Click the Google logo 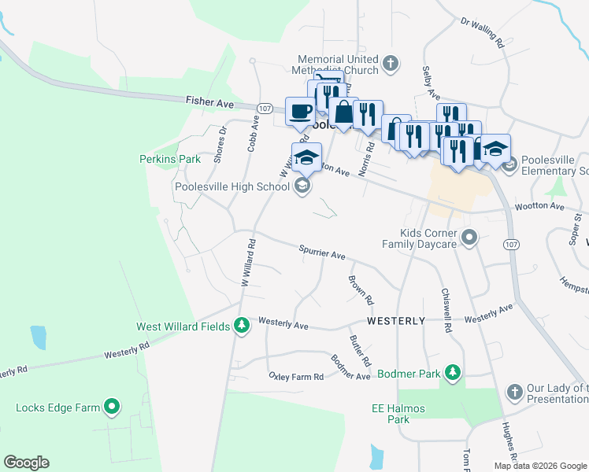(x=26, y=463)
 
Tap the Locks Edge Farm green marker (x=113, y=407)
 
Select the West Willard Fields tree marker (x=242, y=325)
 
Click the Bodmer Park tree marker (x=452, y=372)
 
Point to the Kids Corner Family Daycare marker (x=470, y=237)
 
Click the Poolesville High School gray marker (x=301, y=186)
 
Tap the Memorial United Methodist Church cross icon (x=390, y=62)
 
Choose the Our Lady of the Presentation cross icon (x=514, y=391)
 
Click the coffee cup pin (x=300, y=111)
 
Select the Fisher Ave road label (x=210, y=101)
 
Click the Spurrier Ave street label (x=322, y=254)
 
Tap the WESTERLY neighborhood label (x=396, y=321)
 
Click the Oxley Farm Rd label (x=296, y=377)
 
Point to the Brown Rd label (x=361, y=290)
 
